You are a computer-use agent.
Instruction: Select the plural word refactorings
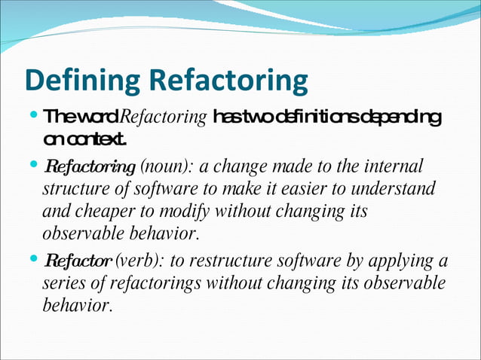click(152, 285)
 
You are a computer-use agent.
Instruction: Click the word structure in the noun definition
click(74, 188)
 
